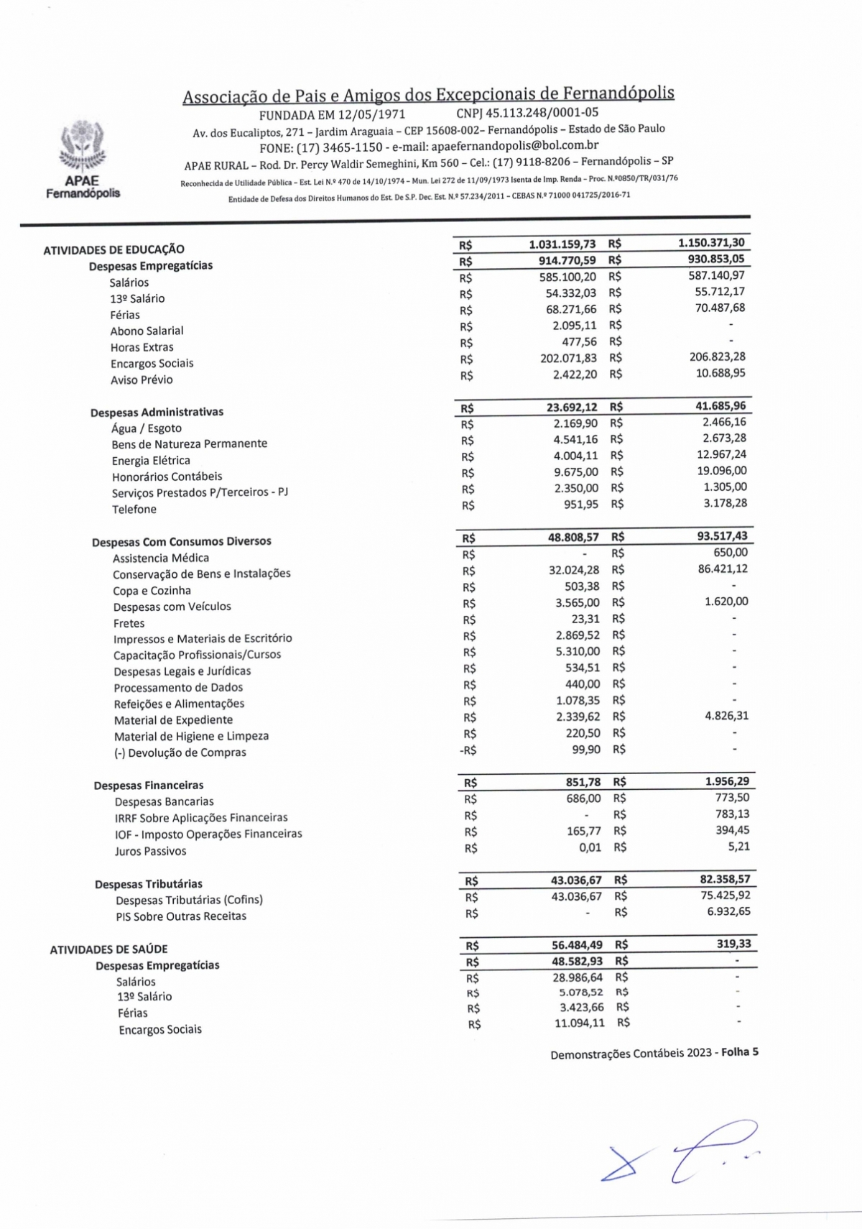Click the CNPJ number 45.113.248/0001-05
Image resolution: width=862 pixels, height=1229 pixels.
(x=527, y=113)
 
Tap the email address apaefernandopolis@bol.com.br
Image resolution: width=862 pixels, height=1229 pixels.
(x=514, y=145)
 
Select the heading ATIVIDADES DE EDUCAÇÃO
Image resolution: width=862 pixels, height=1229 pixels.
(x=113, y=249)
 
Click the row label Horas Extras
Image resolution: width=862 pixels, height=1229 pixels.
(x=142, y=347)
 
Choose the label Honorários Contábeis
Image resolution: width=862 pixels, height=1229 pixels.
(x=167, y=477)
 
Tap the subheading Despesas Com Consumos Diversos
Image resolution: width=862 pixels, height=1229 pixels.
(x=181, y=541)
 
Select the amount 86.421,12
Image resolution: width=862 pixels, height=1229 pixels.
(x=718, y=569)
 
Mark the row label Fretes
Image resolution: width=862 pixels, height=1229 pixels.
(x=129, y=623)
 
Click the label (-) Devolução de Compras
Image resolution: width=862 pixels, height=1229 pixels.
(x=180, y=752)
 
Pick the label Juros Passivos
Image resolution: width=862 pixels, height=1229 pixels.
(x=150, y=851)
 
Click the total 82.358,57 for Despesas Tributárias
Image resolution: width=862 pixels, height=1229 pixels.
(x=725, y=879)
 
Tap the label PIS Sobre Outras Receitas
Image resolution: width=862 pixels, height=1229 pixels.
(x=180, y=916)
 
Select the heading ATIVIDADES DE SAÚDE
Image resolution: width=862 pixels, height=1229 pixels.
(x=108, y=949)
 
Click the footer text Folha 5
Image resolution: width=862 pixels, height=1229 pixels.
(x=739, y=1052)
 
